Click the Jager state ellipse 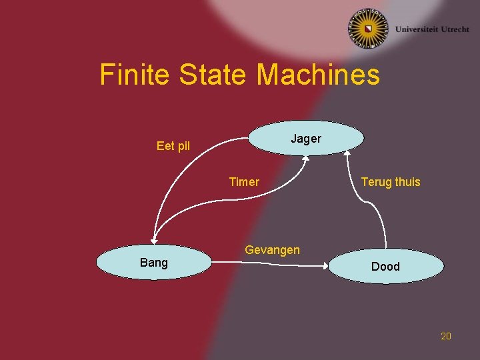[x=306, y=138]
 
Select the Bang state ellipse [x=154, y=263]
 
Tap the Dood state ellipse [x=385, y=267]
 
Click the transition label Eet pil [x=173, y=146]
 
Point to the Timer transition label [x=244, y=182]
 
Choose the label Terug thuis [x=391, y=182]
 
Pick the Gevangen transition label [x=273, y=250]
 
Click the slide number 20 [x=446, y=336]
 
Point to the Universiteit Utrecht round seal [x=367, y=29]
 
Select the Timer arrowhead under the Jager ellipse [x=305, y=158]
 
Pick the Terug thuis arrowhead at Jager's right [x=347, y=154]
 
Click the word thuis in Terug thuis [x=407, y=182]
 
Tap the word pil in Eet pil [x=183, y=146]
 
